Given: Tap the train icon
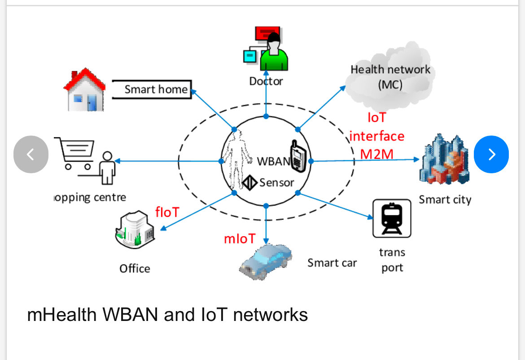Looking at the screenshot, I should point(392,218).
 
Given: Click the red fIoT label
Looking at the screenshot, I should point(167,212).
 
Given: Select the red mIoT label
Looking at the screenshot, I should point(240,239).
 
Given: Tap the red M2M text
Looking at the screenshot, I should point(376,154).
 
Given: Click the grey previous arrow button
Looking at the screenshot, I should point(31,154).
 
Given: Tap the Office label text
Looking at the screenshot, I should point(135,268).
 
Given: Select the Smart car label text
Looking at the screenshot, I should point(332,263).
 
